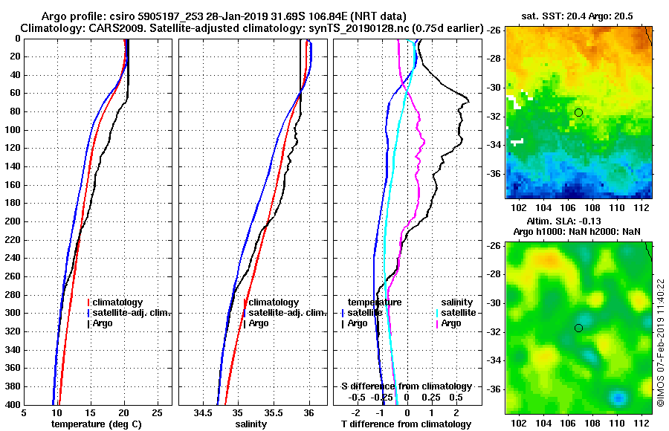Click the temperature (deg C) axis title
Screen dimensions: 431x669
tap(98, 424)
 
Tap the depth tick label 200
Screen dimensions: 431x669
tap(13, 221)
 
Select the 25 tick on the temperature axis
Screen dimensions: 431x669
tap(157, 413)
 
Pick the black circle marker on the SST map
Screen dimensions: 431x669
tap(578, 112)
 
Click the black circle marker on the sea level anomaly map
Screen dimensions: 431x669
tap(578, 328)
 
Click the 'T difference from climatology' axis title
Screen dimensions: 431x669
tap(406, 424)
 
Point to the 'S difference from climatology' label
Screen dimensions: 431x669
tap(406, 386)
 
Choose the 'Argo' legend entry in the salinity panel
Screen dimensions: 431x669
tap(259, 323)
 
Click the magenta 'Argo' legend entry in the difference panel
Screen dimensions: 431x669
tap(450, 323)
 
